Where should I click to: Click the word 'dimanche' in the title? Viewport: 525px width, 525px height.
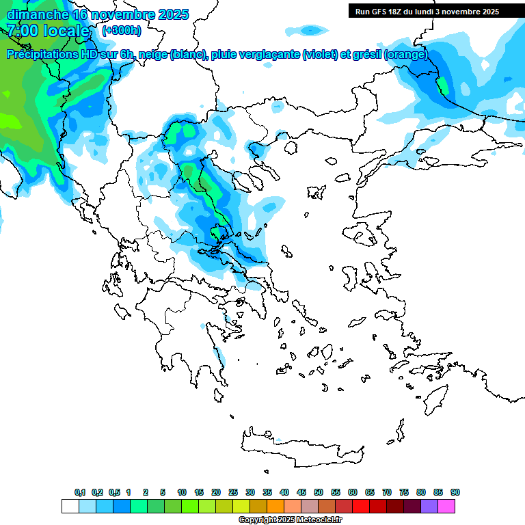[38, 14]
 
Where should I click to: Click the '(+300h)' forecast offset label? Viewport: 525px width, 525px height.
[122, 31]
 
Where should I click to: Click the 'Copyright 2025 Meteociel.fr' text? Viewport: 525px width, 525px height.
[290, 520]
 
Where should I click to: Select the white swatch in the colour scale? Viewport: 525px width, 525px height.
[70, 506]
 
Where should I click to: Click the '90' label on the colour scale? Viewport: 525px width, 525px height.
[455, 492]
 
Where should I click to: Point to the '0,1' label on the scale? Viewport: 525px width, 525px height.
[79, 492]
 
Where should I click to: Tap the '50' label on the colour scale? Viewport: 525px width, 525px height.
[319, 492]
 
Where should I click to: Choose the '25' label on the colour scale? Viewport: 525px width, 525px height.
[233, 492]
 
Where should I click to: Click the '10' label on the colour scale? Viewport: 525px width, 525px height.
[182, 492]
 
